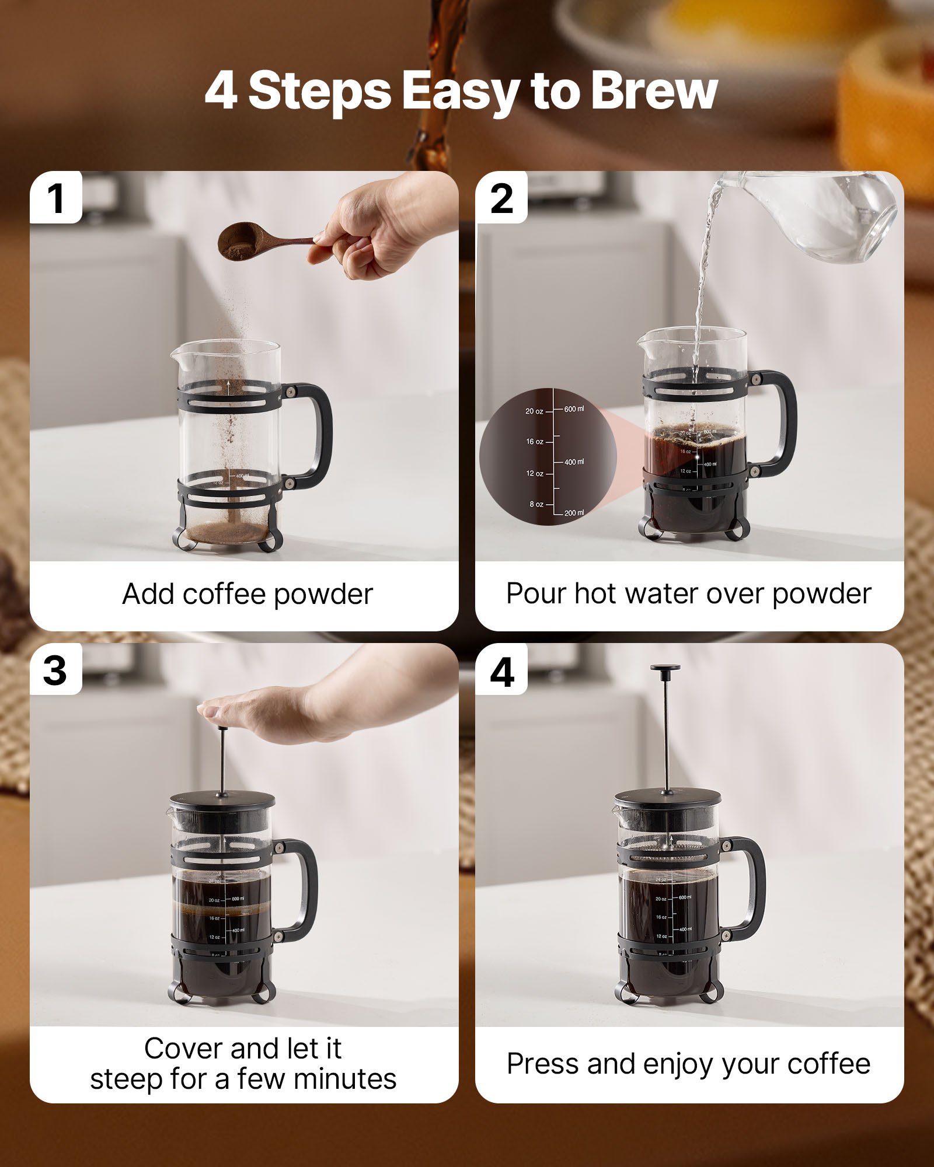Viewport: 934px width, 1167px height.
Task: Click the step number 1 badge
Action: [x=56, y=199]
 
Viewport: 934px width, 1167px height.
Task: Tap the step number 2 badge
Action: [x=501, y=199]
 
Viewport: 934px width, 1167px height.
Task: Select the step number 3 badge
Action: [x=55, y=670]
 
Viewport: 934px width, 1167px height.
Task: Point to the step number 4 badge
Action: [x=501, y=672]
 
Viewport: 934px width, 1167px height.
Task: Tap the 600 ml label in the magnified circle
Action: [x=573, y=409]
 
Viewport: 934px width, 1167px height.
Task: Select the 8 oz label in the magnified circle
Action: [x=536, y=504]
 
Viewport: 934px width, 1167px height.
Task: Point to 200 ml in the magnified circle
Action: [x=573, y=513]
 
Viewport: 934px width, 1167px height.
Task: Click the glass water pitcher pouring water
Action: [x=817, y=216]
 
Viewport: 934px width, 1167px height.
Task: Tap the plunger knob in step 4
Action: [x=665, y=669]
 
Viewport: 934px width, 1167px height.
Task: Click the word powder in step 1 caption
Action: [x=323, y=595]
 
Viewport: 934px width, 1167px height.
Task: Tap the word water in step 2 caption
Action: [x=663, y=594]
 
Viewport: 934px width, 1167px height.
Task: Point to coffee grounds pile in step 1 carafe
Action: [x=228, y=532]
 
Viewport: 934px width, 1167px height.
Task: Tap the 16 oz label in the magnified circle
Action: [x=534, y=442]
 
